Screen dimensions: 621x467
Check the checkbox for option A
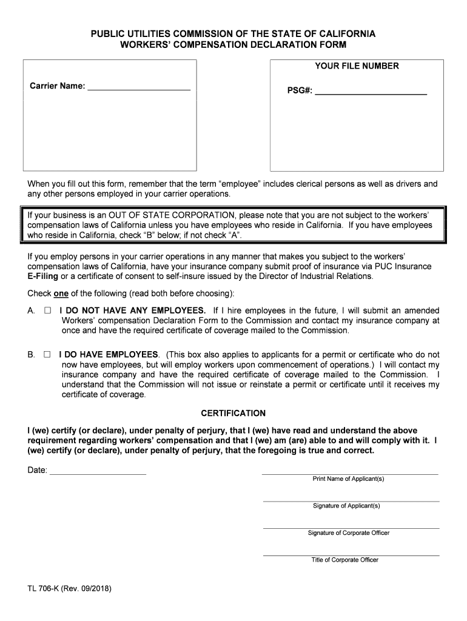[47, 310]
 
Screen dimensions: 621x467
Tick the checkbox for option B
[47, 354]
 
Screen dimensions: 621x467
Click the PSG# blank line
[371, 93]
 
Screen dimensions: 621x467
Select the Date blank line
[98, 472]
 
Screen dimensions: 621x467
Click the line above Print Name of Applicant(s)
[350, 473]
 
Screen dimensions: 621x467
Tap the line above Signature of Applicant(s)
[350, 500]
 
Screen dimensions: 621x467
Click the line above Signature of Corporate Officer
[350, 528]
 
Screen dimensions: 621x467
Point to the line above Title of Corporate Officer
[350, 554]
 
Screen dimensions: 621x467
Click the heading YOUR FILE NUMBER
[357, 65]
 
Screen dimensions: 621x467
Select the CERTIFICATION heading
[233, 414]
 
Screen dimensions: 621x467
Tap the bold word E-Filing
[42, 277]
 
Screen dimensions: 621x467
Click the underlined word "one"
[61, 294]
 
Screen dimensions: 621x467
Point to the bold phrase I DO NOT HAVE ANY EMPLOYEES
[132, 310]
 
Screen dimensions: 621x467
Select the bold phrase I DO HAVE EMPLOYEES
[109, 354]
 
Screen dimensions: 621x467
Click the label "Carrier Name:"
[58, 86]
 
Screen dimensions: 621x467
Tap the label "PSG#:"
[300, 92]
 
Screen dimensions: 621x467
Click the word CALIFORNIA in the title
[342, 34]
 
